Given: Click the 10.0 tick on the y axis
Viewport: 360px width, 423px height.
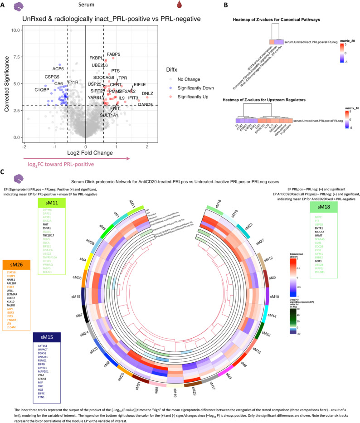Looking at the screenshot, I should (x=15, y=30).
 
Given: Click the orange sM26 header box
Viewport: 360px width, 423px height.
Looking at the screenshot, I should (x=16, y=264).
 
